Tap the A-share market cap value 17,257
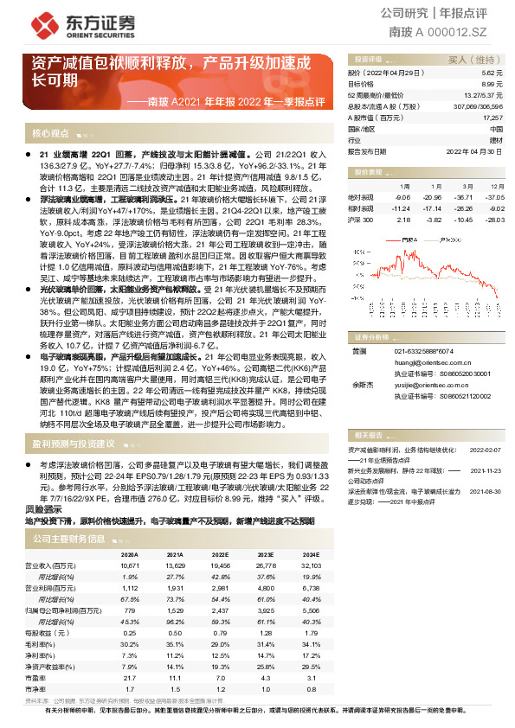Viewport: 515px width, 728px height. [x=492, y=116]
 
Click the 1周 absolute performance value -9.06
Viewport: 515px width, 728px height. [x=399, y=196]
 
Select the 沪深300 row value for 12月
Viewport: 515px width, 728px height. [x=493, y=219]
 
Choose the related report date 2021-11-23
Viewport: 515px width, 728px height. [x=486, y=470]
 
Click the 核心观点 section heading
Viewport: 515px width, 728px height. [x=52, y=134]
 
